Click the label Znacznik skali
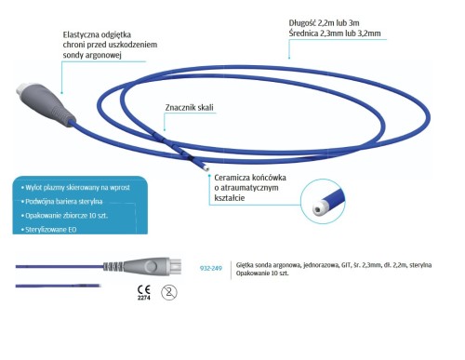click(x=189, y=108)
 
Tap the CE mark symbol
click(x=144, y=289)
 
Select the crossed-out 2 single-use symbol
click(x=169, y=292)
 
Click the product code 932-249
click(x=211, y=268)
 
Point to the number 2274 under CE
click(x=144, y=298)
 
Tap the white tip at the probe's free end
click(x=206, y=168)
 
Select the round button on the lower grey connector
click(x=151, y=266)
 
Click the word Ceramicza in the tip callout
click(x=232, y=178)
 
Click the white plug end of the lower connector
click(x=175, y=266)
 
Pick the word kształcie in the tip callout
click(x=230, y=198)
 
